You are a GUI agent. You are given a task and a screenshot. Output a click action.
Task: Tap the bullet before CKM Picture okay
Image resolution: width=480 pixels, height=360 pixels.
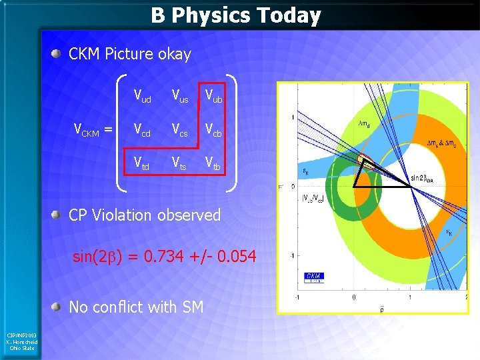[59, 54]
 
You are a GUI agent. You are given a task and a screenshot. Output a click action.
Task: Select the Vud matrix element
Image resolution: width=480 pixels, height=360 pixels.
[142, 97]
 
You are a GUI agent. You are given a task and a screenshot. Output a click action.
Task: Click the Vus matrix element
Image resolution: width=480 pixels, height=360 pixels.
[179, 97]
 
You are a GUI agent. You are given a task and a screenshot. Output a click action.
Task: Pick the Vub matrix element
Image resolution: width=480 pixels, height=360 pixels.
[213, 97]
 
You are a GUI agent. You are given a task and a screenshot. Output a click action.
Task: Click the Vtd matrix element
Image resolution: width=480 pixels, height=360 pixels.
[142, 162]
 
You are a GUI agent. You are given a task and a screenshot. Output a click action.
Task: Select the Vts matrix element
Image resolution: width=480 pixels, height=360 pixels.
[179, 162]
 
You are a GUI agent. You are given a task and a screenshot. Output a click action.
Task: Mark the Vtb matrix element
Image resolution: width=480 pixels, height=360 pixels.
[213, 162]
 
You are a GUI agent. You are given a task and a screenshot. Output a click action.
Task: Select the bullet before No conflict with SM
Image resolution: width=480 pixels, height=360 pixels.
[59, 307]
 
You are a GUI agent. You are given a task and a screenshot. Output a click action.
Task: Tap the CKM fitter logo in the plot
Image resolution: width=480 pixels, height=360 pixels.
[314, 277]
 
